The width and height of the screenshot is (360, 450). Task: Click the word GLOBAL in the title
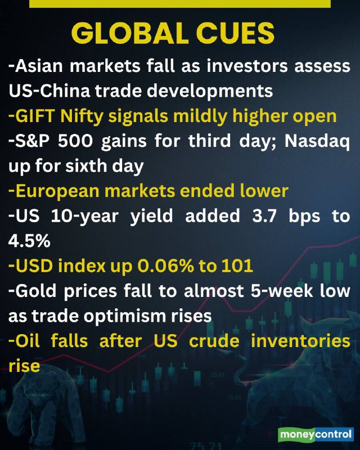click(129, 33)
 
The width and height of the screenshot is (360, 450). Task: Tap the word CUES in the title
click(235, 33)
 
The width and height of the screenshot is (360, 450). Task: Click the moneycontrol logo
click(316, 434)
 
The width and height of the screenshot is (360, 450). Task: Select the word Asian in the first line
click(39, 66)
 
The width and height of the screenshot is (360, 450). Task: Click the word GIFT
click(35, 116)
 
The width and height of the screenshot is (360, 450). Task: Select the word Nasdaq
click(317, 142)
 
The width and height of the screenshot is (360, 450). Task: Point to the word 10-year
click(85, 217)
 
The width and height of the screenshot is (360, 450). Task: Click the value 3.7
click(265, 217)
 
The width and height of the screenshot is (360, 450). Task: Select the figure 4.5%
click(29, 241)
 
